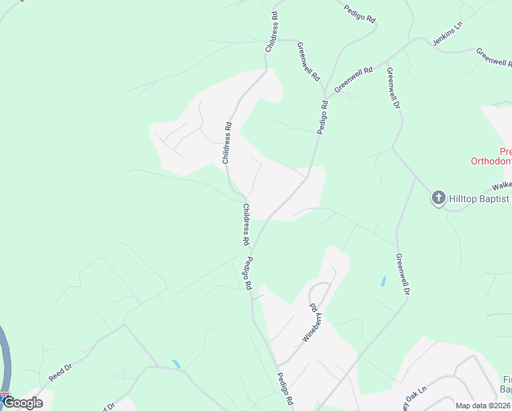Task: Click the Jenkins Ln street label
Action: coord(448,34)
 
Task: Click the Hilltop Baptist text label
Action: coord(479,199)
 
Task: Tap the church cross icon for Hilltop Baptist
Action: coord(438,199)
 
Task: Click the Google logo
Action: coord(23,403)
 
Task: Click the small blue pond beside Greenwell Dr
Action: coord(383,281)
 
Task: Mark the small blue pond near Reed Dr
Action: coord(177,364)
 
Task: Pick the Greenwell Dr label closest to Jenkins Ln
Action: coord(393,88)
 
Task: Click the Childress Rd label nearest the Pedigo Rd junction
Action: coord(244,224)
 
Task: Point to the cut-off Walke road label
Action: coord(502,186)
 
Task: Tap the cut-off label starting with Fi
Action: coord(507,384)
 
